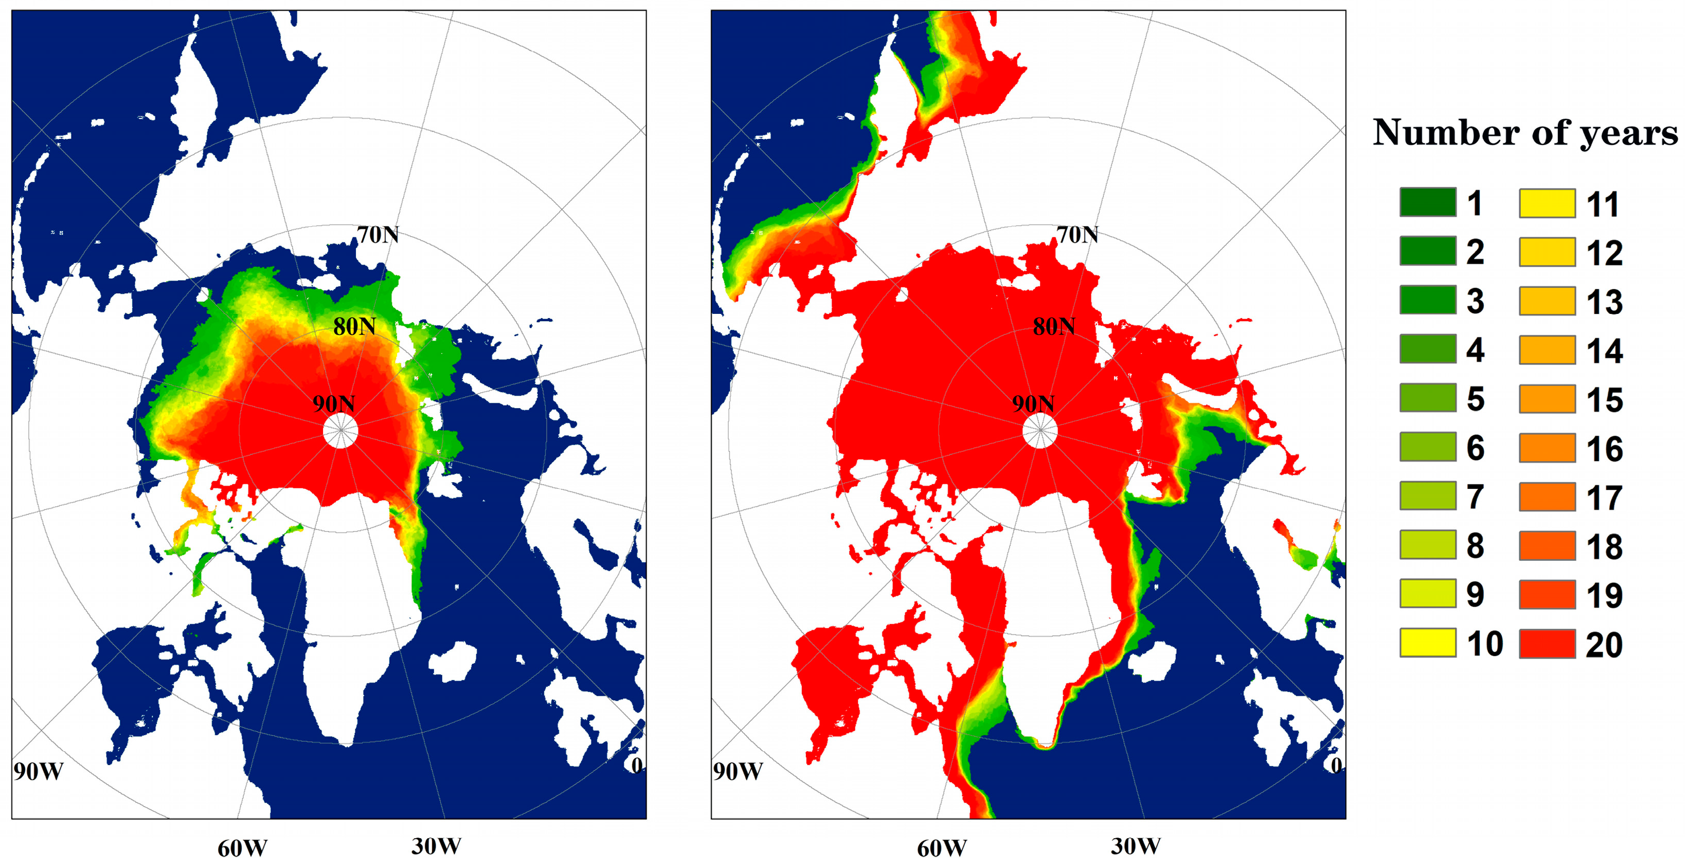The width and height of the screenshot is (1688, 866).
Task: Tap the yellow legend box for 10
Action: tap(1428, 643)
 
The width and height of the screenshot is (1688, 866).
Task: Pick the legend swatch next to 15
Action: tap(1547, 399)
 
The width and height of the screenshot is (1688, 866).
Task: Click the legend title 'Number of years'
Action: tap(1525, 133)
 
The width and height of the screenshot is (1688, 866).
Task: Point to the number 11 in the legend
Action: tap(1603, 204)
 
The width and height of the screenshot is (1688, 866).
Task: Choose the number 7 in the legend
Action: tap(1475, 497)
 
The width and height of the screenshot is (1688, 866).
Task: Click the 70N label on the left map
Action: tap(378, 234)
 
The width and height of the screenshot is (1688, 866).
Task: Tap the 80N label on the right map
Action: tap(1054, 326)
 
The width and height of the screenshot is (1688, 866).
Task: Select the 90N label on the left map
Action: tap(334, 403)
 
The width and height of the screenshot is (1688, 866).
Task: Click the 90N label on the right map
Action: tap(1033, 403)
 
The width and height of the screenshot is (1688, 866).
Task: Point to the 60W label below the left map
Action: tap(242, 849)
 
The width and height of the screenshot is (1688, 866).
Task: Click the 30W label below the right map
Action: tap(1136, 846)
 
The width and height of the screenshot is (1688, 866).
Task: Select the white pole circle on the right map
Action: tap(1040, 431)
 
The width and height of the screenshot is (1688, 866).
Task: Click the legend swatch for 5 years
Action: tap(1428, 398)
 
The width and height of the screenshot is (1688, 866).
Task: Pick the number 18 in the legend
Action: tap(1604, 547)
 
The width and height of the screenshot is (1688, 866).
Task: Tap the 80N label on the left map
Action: tap(354, 326)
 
